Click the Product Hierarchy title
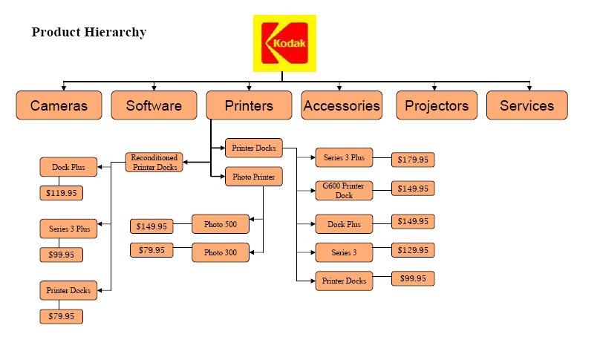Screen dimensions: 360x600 point(88,33)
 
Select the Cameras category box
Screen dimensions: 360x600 point(59,105)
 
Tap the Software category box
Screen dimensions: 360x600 point(154,105)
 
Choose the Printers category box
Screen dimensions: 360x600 point(249,105)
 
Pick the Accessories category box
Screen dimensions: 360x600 point(342,105)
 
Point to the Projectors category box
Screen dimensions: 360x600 point(437,105)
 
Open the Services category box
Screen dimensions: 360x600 point(526,105)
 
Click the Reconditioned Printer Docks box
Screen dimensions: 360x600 point(154,163)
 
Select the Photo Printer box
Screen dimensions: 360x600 point(254,177)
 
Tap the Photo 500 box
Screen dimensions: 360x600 point(220,224)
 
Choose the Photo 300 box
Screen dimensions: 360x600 point(220,252)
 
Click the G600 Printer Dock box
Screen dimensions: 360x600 point(344,191)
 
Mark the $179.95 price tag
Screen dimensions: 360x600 point(413,160)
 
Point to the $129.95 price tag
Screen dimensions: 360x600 point(413,251)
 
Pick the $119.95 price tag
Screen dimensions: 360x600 point(61,194)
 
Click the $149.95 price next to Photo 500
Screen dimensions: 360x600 point(151,226)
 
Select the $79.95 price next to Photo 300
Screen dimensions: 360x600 point(151,250)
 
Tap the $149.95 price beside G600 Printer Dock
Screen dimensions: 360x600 point(413,189)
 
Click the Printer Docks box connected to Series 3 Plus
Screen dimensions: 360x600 point(254,148)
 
